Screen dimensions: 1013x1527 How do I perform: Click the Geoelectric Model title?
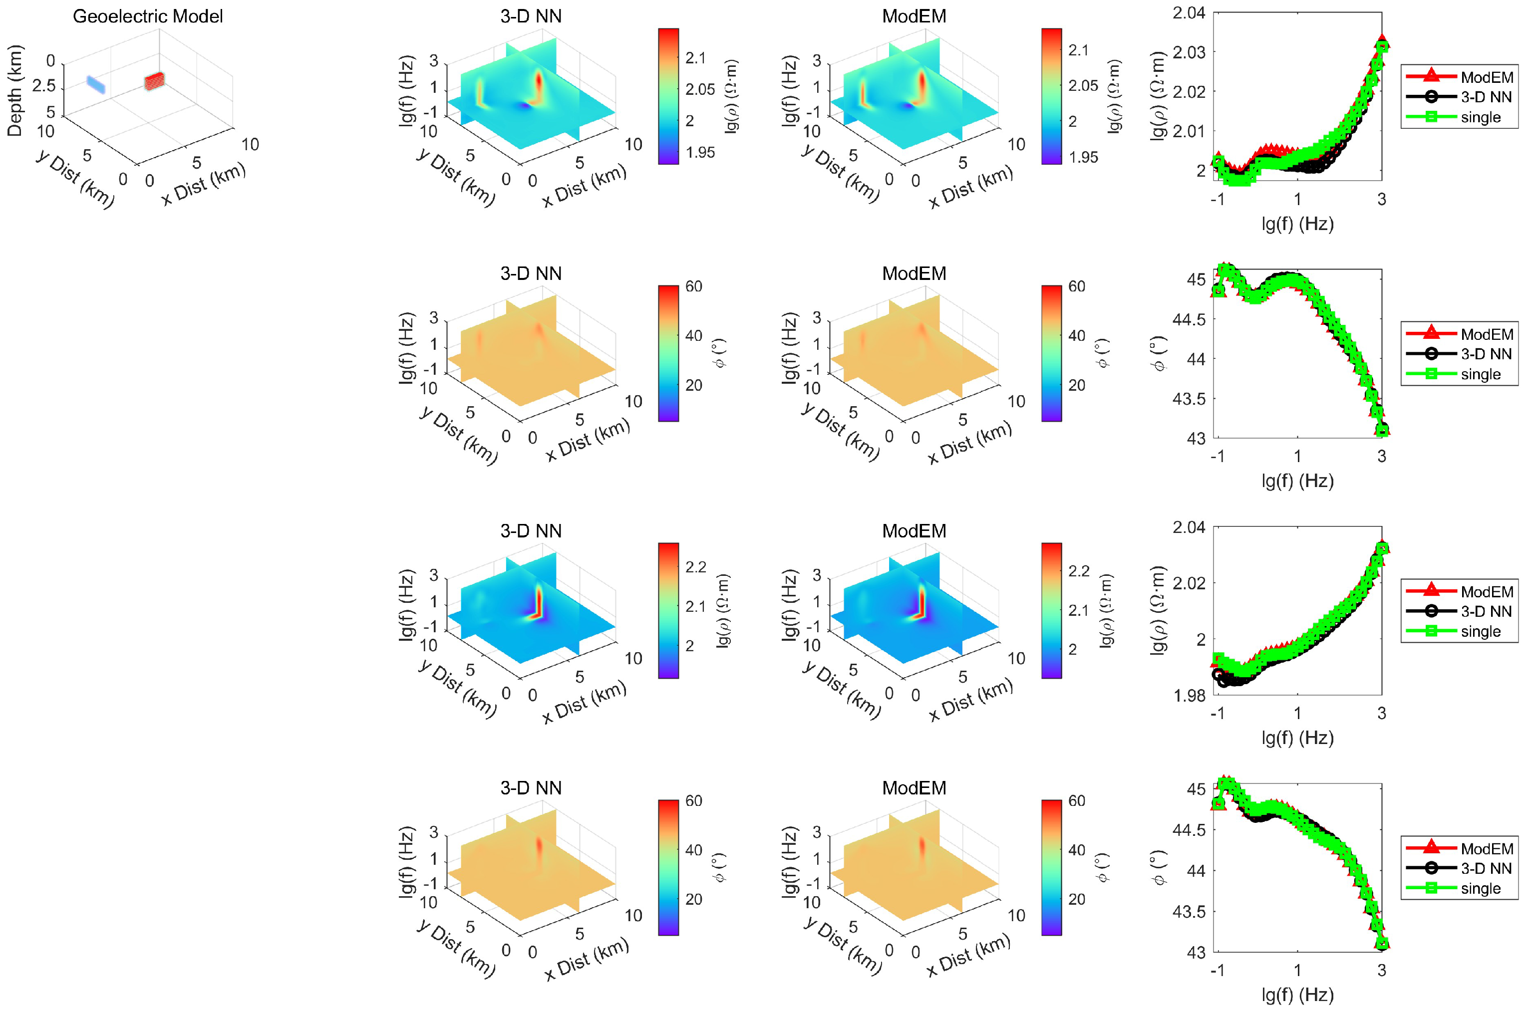147,16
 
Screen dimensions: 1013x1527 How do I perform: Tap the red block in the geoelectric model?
154,81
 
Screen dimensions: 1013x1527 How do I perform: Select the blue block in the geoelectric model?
96,84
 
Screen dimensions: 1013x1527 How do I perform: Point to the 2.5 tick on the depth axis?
44,86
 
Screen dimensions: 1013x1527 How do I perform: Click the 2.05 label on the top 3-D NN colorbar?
700,89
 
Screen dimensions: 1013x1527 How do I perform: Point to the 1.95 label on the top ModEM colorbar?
1083,157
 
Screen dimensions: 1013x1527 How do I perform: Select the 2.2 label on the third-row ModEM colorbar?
1079,571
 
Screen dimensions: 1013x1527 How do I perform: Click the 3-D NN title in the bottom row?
531,787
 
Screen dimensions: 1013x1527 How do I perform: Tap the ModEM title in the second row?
914,273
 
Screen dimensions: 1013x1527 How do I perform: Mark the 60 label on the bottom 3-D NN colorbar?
693,800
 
